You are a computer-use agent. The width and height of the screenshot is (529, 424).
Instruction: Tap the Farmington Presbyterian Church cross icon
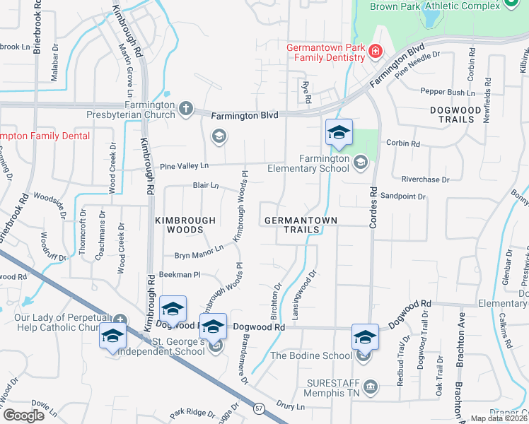click(186, 108)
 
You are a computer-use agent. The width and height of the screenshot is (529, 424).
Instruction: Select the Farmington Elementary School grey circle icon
click(360, 163)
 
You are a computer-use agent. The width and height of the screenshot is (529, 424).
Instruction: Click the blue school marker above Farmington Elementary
click(339, 133)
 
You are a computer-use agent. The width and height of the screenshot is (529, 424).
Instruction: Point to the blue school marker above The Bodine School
click(365, 336)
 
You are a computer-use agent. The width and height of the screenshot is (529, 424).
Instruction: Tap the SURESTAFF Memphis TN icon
click(371, 387)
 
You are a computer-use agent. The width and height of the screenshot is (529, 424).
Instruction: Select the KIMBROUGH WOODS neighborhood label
click(185, 225)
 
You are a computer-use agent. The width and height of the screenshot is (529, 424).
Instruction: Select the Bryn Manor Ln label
click(200, 249)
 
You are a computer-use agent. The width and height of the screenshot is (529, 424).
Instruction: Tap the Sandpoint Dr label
click(403, 196)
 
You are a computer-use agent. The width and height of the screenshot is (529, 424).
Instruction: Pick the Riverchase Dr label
click(425, 179)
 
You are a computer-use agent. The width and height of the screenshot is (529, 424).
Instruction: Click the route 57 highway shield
click(260, 408)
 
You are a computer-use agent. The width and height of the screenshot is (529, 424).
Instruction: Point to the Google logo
click(23, 416)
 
